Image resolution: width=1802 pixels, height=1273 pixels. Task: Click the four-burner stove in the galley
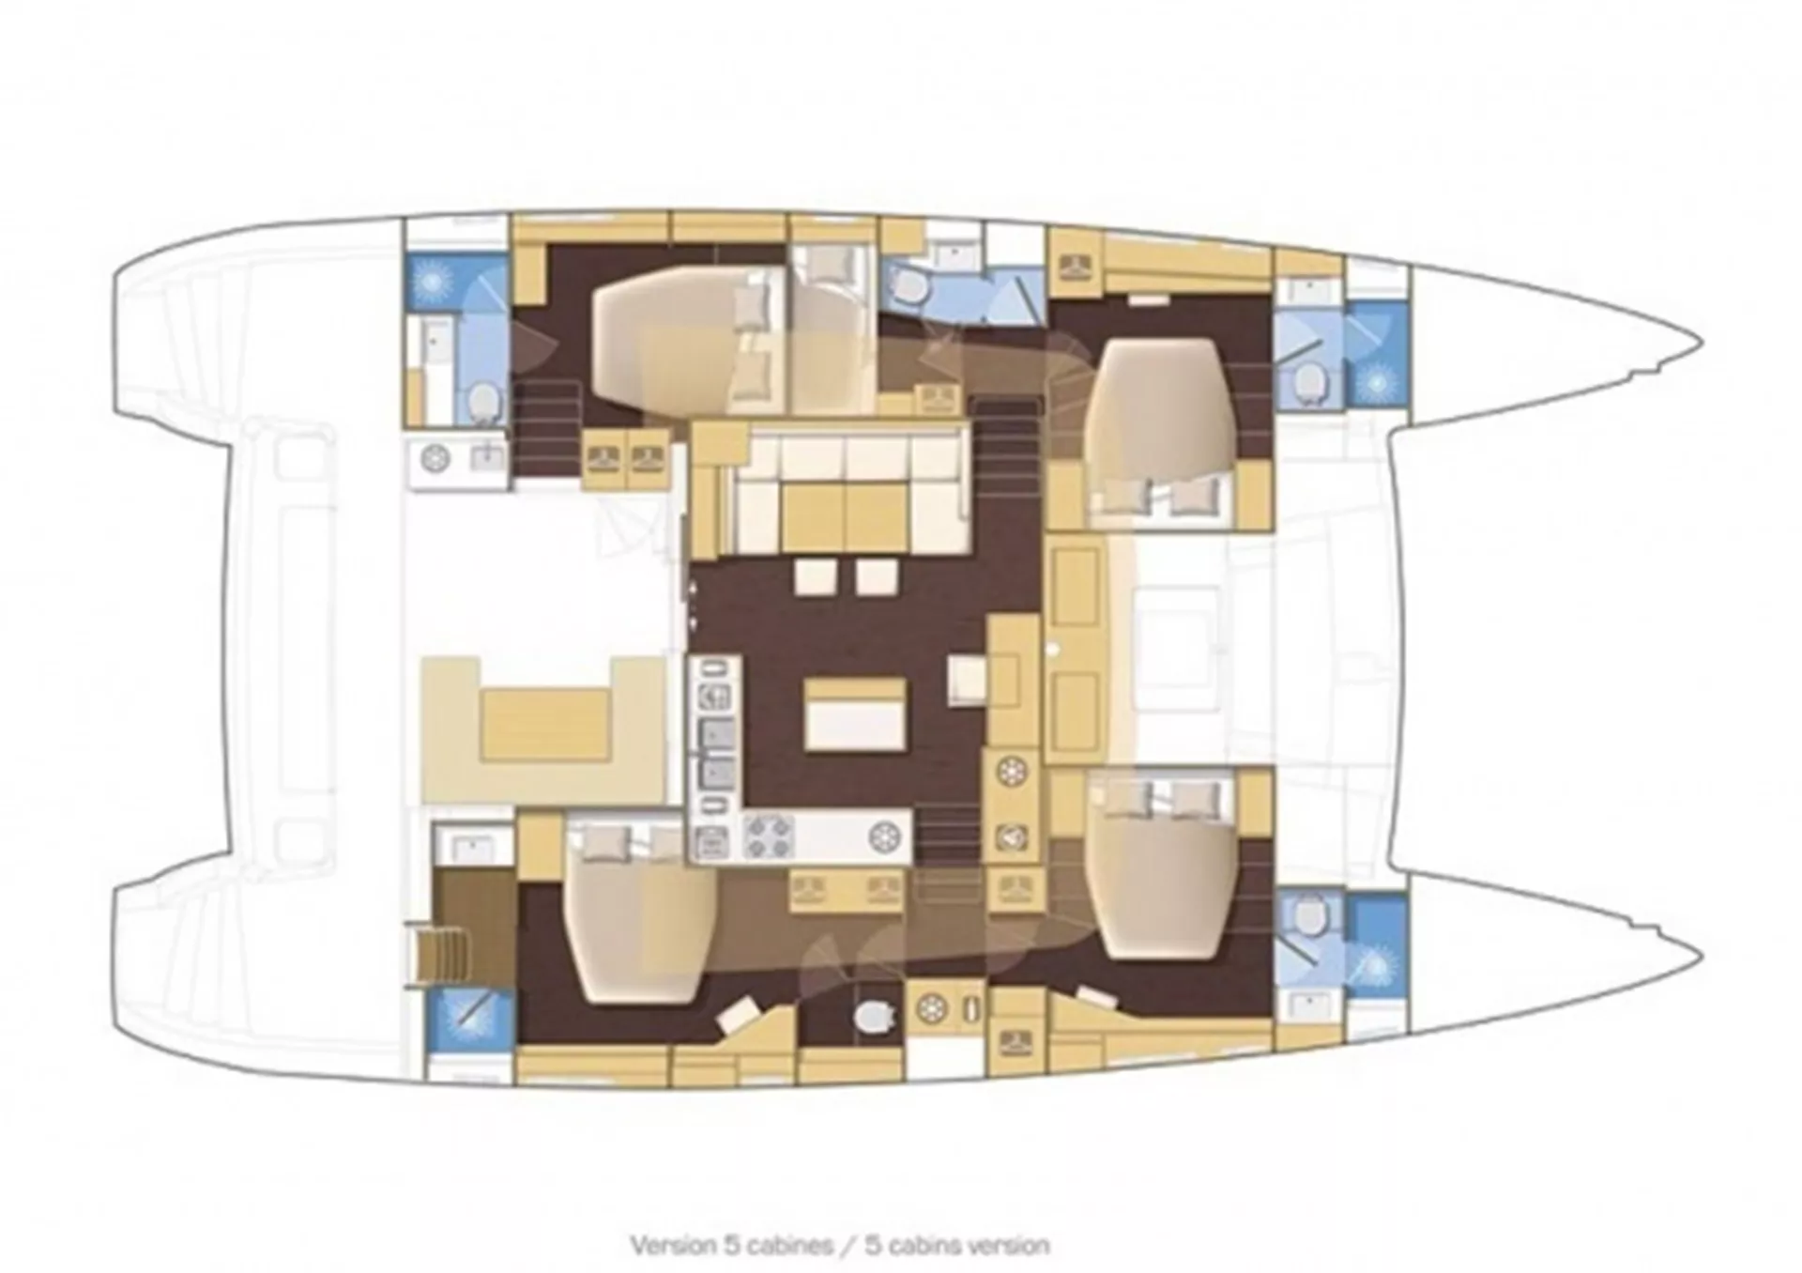coord(770,836)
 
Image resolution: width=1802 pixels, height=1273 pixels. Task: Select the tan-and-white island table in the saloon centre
coord(855,713)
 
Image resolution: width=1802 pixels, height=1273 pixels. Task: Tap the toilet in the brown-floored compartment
coord(872,1016)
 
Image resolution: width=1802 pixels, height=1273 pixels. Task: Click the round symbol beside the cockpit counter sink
coord(436,459)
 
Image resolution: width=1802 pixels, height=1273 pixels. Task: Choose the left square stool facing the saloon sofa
coord(813,576)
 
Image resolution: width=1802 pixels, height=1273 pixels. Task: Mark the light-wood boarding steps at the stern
coord(437,954)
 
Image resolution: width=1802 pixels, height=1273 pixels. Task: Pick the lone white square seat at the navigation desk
coord(967,679)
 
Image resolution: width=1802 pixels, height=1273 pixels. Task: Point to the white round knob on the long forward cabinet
coord(1055,647)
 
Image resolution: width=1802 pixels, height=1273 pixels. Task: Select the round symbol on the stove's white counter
coord(883,836)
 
